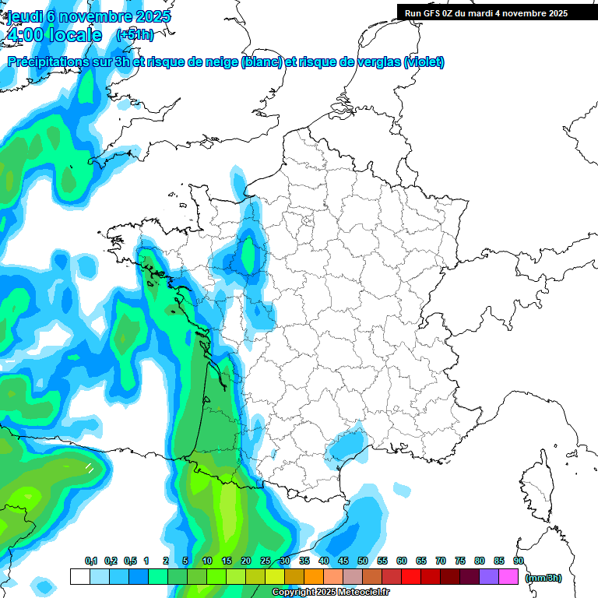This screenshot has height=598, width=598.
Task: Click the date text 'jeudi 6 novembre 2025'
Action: tap(90, 16)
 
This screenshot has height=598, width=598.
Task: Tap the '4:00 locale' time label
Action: tap(54, 35)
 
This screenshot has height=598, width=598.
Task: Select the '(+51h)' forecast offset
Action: tap(135, 35)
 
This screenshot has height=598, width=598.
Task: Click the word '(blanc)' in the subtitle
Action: tap(262, 62)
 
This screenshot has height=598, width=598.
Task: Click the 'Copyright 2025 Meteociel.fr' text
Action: tap(331, 593)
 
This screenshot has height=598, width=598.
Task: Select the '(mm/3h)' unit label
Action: tap(543, 577)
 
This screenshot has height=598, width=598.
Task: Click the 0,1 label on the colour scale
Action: tap(91, 561)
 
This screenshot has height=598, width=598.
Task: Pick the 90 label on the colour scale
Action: tap(519, 561)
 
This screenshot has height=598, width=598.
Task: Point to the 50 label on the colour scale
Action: tap(363, 561)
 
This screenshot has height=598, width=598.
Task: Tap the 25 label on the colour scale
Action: tap(266, 561)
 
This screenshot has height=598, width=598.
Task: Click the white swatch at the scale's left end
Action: tap(79, 576)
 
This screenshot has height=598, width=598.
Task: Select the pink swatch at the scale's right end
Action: tap(508, 576)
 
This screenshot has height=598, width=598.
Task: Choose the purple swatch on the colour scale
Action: tap(489, 576)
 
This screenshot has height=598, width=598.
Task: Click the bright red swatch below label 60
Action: tap(411, 576)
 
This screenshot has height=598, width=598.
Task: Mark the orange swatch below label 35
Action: tap(314, 576)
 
